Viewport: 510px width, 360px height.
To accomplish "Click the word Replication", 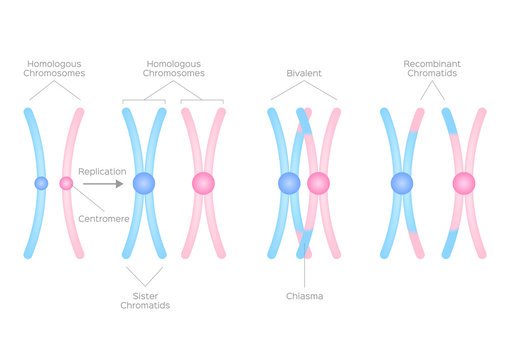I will pyautogui.click(x=100, y=171).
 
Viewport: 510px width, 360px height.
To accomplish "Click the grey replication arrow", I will pyautogui.click(x=103, y=183).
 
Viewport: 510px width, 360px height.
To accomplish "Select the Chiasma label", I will pyautogui.click(x=304, y=295).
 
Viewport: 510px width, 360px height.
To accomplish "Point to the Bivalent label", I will pyautogui.click(x=304, y=74).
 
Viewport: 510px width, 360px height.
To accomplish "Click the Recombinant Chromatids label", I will pyautogui.click(x=432, y=69).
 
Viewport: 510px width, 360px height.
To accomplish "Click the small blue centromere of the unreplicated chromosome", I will pyautogui.click(x=41, y=183).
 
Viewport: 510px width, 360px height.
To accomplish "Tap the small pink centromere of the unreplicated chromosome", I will pyautogui.click(x=66, y=183).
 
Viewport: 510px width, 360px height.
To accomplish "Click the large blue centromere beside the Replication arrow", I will pyautogui.click(x=144, y=183).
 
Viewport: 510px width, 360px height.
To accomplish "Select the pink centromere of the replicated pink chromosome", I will pyautogui.click(x=203, y=183).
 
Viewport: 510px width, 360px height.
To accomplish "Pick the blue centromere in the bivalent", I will pyautogui.click(x=290, y=183).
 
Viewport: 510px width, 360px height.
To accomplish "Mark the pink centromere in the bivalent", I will pyautogui.click(x=318, y=183).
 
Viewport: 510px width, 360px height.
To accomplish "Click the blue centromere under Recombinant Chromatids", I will pyautogui.click(x=402, y=183).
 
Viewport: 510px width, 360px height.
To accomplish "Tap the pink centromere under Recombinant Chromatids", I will pyautogui.click(x=463, y=183).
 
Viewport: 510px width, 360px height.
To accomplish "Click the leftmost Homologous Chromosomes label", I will pyautogui.click(x=54, y=69).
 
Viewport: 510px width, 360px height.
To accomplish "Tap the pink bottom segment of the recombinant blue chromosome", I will pyautogui.click(x=416, y=243).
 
